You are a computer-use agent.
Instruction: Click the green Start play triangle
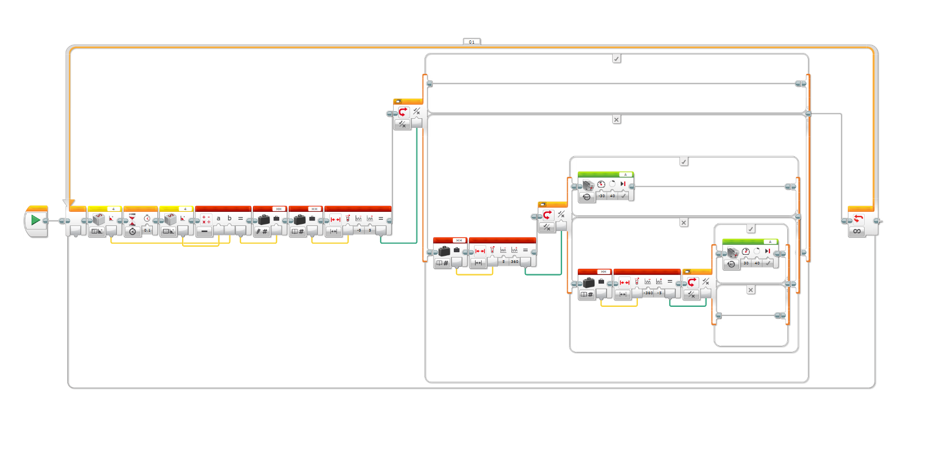[35, 220]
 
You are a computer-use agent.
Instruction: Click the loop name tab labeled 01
[472, 42]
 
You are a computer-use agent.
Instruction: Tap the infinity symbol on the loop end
[857, 232]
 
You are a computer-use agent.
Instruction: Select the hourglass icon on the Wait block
[132, 219]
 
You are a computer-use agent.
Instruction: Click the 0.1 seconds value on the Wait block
[147, 231]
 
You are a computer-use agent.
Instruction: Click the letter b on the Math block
[229, 218]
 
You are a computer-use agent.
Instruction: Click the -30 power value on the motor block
[602, 196]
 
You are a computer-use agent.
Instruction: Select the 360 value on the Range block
[515, 262]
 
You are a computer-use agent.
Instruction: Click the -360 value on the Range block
[648, 293]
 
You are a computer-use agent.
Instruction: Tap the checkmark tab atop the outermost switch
[616, 59]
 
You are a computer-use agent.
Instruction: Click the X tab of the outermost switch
[616, 120]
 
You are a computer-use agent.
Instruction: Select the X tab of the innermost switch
[751, 290]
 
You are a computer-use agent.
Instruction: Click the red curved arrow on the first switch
[403, 112]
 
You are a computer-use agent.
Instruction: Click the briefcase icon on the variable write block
[264, 219]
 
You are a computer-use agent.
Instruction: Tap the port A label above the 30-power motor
[770, 242]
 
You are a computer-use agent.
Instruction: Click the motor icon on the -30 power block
[588, 186]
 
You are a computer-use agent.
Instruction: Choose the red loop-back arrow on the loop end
[858, 219]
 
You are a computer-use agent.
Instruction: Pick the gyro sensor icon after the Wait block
[170, 219]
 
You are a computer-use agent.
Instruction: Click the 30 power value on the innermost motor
[746, 263]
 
